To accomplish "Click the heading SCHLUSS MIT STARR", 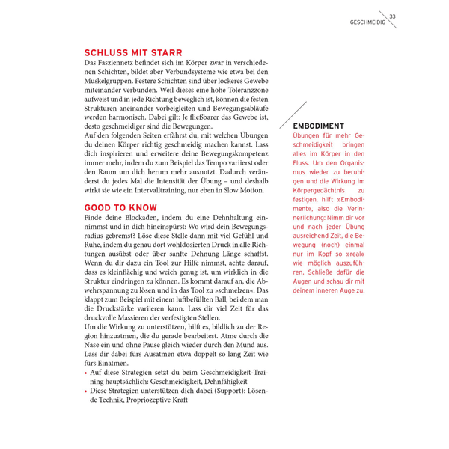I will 133,53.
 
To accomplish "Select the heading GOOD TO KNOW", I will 120,207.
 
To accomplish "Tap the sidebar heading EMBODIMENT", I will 319,126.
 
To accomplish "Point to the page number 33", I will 393,16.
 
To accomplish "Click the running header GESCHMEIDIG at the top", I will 367,22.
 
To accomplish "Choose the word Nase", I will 94,358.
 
